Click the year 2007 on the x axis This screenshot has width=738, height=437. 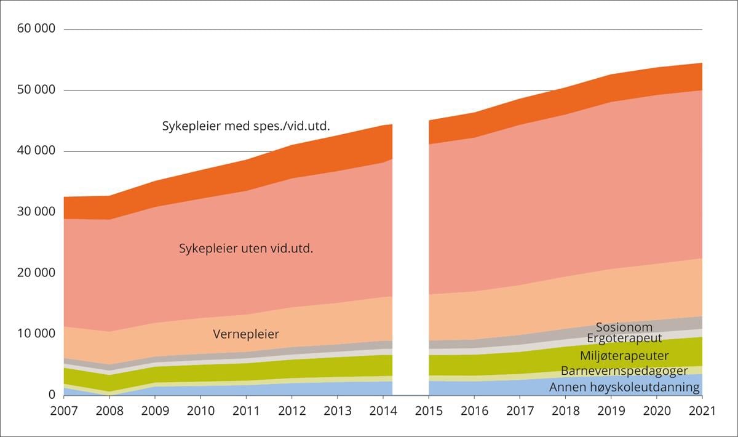click(63, 410)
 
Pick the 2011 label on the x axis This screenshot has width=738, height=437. click(245, 410)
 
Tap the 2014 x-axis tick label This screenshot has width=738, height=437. click(382, 410)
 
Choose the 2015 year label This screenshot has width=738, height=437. click(428, 410)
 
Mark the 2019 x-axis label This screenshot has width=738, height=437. click(610, 410)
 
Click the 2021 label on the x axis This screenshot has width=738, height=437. click(701, 410)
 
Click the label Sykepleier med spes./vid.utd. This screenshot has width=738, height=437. click(246, 126)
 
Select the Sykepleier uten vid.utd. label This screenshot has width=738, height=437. click(246, 249)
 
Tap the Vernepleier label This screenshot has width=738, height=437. click(246, 334)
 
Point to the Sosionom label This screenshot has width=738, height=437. click(624, 327)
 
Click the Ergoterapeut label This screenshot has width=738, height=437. click(624, 339)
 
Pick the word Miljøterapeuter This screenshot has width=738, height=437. click(624, 355)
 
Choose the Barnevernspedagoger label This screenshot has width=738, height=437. click(624, 371)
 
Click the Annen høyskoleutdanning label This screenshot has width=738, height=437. click(624, 387)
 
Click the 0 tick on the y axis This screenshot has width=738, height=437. click(51, 395)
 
